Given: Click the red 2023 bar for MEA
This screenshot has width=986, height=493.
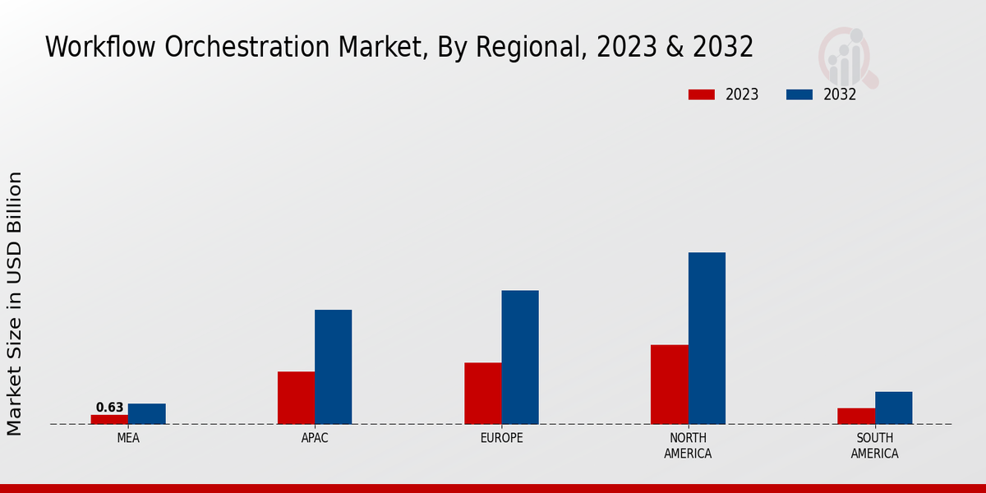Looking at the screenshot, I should (109, 419).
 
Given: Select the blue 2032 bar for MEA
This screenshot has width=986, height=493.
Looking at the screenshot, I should (146, 413).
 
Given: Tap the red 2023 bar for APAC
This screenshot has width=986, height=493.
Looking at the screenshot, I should (296, 398).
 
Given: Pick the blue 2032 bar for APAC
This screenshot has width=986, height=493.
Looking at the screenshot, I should (333, 366).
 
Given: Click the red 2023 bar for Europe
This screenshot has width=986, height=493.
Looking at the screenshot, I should (482, 393).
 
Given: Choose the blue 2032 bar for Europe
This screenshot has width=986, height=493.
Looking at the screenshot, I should (520, 357).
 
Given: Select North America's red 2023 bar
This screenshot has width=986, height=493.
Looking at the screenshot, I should (669, 384).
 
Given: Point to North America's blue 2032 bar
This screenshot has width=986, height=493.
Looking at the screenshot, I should (707, 338).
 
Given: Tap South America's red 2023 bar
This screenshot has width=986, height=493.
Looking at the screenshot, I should (856, 416).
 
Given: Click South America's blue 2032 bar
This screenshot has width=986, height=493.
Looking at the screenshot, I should (893, 408).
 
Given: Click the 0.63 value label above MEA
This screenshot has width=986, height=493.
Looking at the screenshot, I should (109, 408).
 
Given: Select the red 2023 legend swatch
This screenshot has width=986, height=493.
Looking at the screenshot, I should (702, 94).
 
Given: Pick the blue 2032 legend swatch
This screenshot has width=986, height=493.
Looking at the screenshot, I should (799, 94).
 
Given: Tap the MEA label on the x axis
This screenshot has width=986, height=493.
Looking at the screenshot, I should (128, 438).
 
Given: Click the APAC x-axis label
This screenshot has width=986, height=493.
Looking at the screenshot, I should (315, 438).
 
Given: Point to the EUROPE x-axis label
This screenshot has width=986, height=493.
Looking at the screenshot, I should (501, 438).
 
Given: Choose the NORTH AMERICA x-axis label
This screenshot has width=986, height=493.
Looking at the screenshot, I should (689, 445).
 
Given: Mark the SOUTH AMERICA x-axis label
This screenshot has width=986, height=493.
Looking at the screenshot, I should (874, 445).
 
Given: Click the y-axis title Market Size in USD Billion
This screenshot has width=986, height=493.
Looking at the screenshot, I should (15, 304).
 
